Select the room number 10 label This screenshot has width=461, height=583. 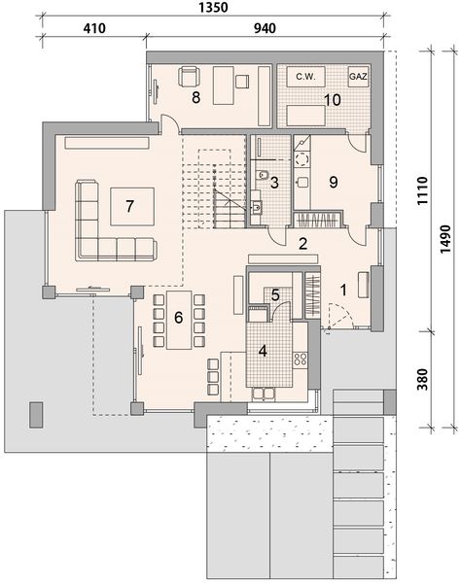pos(332,99)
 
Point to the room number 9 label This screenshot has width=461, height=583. pos(333,181)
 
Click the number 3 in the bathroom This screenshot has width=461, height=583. pos(275,182)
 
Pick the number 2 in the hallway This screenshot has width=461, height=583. pos(303,244)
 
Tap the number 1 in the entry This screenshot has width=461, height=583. pos(343,289)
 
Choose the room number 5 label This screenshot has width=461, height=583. pos(276,294)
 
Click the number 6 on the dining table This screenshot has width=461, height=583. pos(178,316)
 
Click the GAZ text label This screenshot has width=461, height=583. pos(358,75)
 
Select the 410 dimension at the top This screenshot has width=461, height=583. pos(91,29)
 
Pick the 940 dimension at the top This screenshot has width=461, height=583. pos(264,29)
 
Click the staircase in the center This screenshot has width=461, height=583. pos(216,189)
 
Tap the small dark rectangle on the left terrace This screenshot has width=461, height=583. pos(36,414)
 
